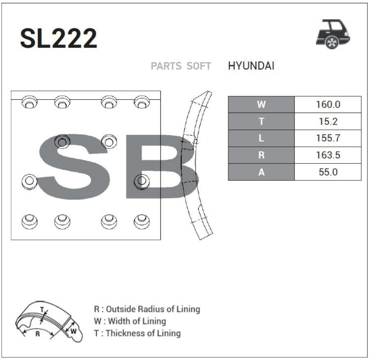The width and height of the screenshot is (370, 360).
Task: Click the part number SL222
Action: pyautogui.click(x=58, y=38)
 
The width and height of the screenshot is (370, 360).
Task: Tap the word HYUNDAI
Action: pyautogui.click(x=251, y=66)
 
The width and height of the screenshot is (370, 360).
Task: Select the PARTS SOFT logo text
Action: pyautogui.click(x=181, y=66)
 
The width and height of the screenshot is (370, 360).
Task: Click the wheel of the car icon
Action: pyautogui.click(x=332, y=42)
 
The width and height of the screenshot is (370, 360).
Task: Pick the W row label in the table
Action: pyautogui.click(x=261, y=104)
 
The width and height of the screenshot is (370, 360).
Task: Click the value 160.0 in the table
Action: pyautogui.click(x=328, y=104)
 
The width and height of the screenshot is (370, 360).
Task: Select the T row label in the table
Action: pyautogui.click(x=261, y=122)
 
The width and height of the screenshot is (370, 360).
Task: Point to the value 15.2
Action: pyautogui.click(x=328, y=122)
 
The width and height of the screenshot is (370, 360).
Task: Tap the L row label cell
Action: pyautogui.click(x=261, y=138)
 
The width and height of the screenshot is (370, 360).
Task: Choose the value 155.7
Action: pyautogui.click(x=328, y=138)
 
